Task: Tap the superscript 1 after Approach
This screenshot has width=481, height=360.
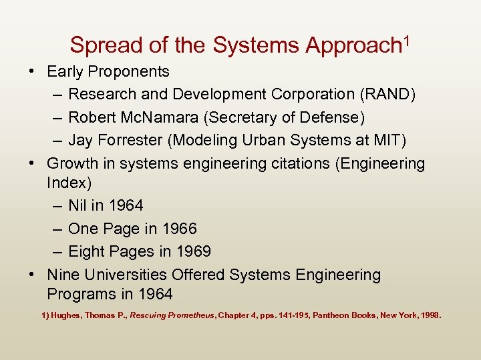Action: click(x=405, y=40)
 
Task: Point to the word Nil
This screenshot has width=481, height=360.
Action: click(x=79, y=205)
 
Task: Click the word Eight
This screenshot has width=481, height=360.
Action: click(x=88, y=251)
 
